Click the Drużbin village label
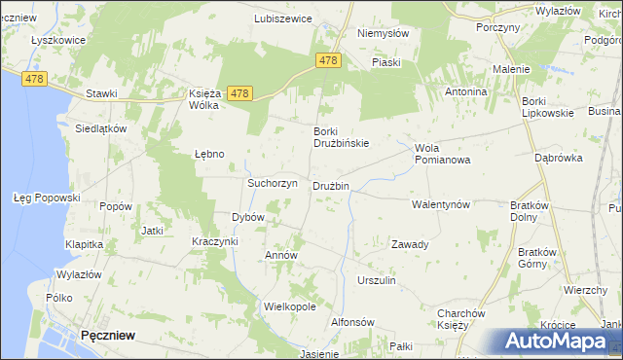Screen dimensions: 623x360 [331, 186]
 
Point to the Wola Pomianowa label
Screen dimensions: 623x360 [442, 154]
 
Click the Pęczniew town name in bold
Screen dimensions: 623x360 [108, 335]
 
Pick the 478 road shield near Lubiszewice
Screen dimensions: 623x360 [329, 60]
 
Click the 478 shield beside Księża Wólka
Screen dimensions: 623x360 [240, 93]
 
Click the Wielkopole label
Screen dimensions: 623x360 [290, 306]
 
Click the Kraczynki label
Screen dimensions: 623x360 [215, 240]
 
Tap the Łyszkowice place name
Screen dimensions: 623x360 [58, 40]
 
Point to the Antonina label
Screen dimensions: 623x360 [465, 91]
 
